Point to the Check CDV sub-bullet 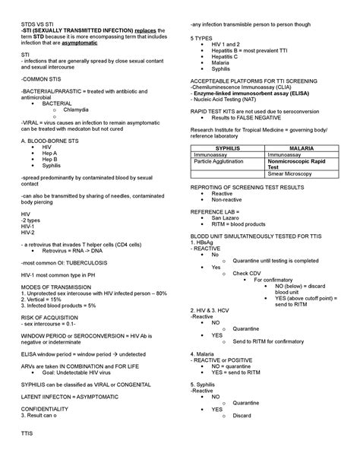pos(248,273)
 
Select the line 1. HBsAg pos(206,242)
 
